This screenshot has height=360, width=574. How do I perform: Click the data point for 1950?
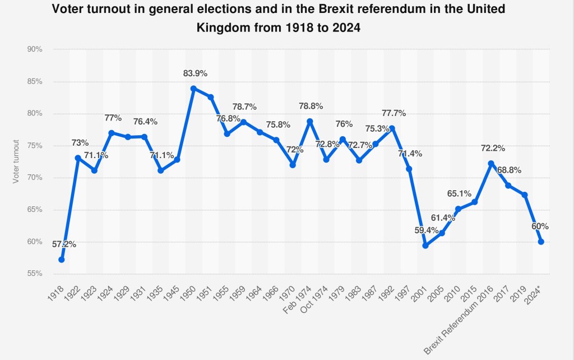coord(193,89)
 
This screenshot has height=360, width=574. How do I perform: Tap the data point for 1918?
coord(61,260)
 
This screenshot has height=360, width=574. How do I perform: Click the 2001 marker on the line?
coord(425,246)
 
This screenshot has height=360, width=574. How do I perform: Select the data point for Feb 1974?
coord(309,121)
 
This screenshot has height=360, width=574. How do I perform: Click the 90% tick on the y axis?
coord(35,49)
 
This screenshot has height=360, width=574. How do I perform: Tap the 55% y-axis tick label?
coord(35,274)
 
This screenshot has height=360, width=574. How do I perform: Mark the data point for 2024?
coord(541,242)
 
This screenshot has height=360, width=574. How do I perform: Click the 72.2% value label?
coord(493,148)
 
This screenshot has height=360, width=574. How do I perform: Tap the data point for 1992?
coord(392,128)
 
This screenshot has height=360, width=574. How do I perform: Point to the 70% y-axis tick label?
coord(35,178)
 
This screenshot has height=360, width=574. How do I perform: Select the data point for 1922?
coord(78,158)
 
